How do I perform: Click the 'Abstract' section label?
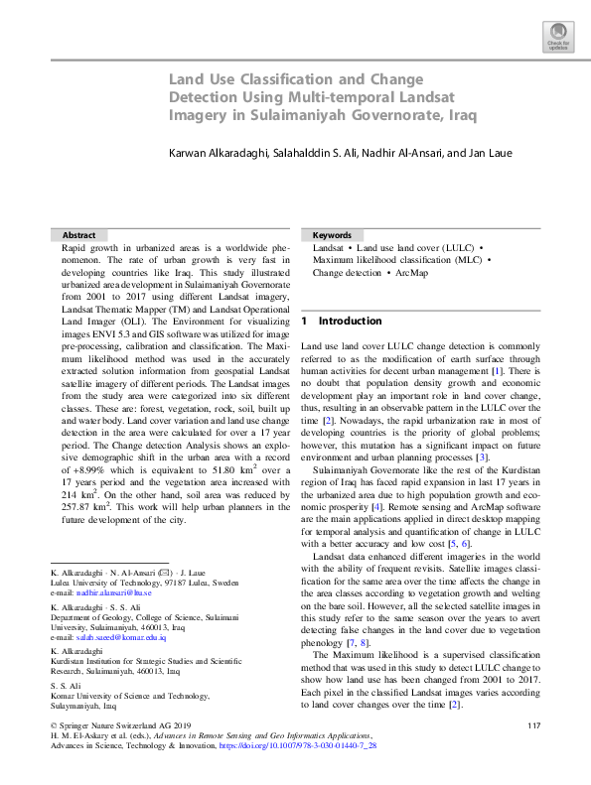point(79,234)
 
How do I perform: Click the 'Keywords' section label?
point(332,234)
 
